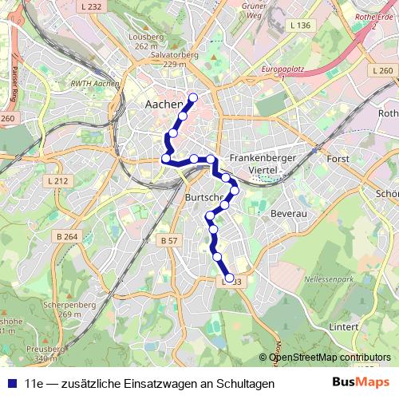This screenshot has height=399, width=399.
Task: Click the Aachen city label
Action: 164,104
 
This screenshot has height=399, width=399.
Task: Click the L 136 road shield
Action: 301,26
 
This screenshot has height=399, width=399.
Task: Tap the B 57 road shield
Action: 168,240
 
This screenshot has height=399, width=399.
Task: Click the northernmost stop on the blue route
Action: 192,98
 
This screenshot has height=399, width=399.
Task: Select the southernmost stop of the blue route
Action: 230,279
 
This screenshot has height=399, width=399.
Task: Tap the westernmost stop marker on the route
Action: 166,160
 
